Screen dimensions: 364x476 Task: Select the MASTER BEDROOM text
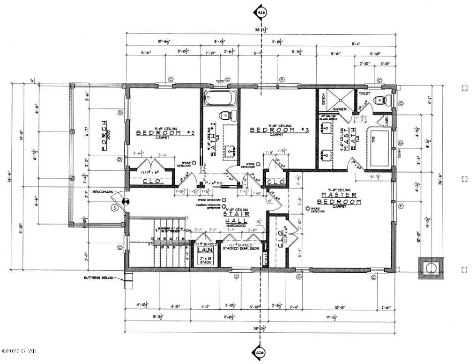(x=341, y=198)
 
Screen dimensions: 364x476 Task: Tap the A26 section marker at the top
(x=260, y=12)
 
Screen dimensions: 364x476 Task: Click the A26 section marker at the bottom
(x=260, y=352)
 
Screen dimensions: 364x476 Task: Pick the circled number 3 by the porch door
(x=113, y=207)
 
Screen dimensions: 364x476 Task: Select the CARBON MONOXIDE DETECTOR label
(x=208, y=206)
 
